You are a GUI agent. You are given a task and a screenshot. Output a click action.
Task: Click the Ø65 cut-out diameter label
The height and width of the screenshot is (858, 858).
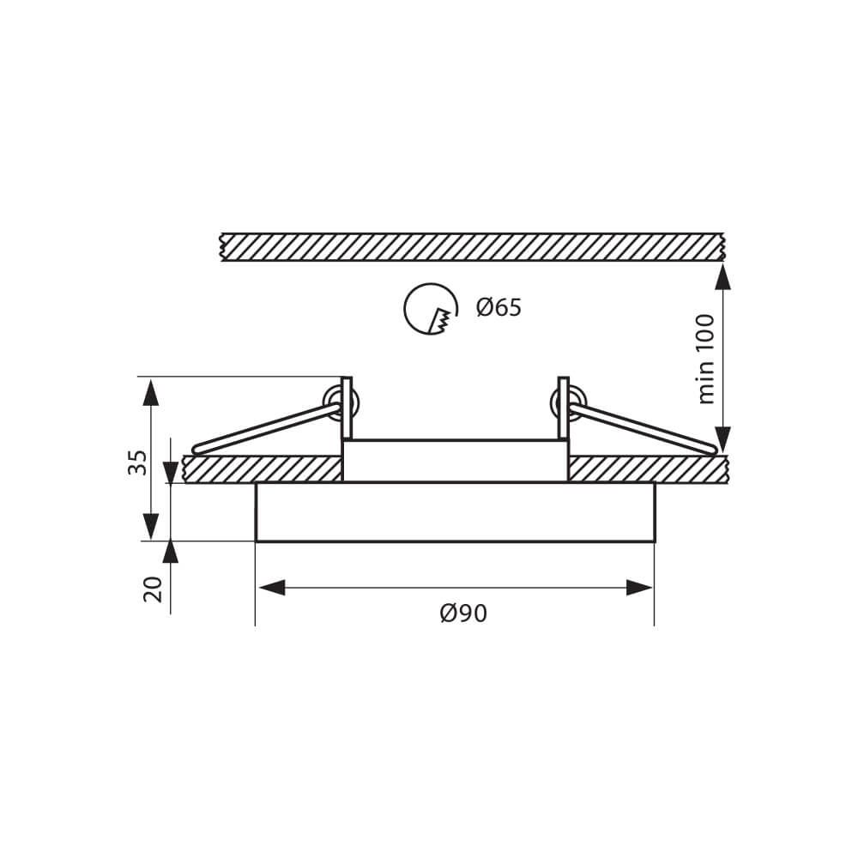pos(499,307)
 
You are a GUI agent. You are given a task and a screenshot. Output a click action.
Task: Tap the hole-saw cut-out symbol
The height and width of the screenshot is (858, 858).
pos(431,309)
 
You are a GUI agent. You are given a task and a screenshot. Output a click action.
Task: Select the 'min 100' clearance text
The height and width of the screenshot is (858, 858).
pos(705,359)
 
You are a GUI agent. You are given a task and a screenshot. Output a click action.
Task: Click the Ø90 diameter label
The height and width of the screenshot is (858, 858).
pos(463,613)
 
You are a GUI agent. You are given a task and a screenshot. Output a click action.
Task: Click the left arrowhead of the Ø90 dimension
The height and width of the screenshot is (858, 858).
pos(271,588)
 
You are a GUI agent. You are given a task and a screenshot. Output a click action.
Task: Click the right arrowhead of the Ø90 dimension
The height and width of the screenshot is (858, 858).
pos(639,588)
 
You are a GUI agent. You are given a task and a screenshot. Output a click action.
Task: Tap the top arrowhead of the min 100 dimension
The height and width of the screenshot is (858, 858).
pos(722,276)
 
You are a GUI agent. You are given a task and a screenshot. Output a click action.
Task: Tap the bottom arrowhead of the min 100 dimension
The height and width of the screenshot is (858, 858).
pos(722,439)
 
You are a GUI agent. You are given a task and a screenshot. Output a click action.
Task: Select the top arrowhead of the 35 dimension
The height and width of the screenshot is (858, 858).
pos(151,392)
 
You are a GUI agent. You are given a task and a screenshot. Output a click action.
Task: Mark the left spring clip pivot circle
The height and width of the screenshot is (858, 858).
pos(341,402)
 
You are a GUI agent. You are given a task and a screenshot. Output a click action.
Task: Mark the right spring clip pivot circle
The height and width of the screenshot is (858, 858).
pos(569,402)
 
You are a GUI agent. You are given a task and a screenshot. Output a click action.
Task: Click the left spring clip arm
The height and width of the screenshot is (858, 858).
pos(266,428)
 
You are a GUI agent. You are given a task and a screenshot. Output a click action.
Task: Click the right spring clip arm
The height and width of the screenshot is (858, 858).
pos(643,428)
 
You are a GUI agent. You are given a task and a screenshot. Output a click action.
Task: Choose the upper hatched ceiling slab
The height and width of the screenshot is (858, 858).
pos(472,247)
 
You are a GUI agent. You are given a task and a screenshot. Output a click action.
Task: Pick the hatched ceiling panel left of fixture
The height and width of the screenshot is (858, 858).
pos(263,469)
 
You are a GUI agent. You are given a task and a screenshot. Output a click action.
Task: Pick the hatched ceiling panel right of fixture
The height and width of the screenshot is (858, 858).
pos(648,469)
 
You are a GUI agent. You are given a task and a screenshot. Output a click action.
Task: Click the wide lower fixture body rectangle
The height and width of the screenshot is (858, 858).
pos(455,512)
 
